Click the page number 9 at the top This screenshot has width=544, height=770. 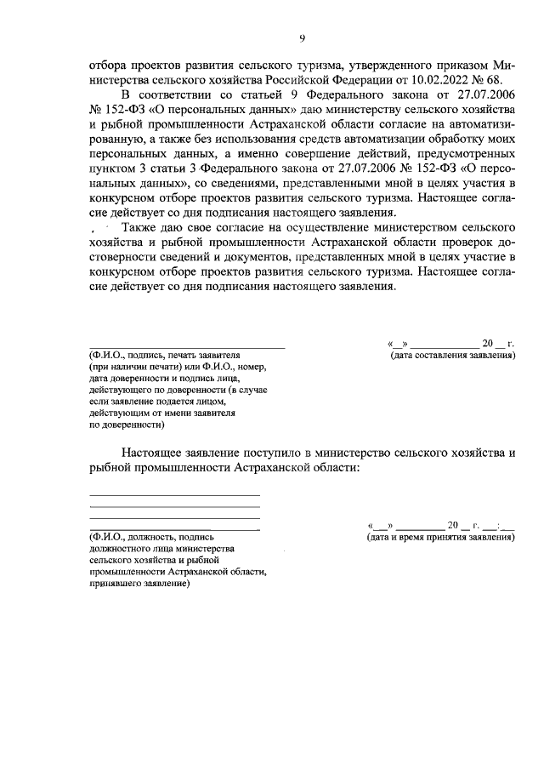coord(302,37)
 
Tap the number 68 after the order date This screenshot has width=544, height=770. coord(505,79)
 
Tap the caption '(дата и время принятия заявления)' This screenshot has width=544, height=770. coord(440,538)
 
